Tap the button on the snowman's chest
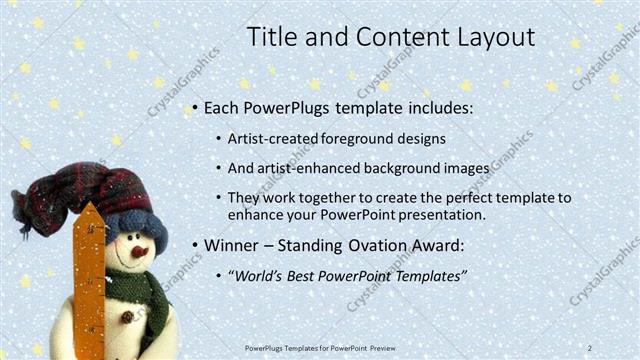coord(127,317)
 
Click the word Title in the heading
coord(271,38)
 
